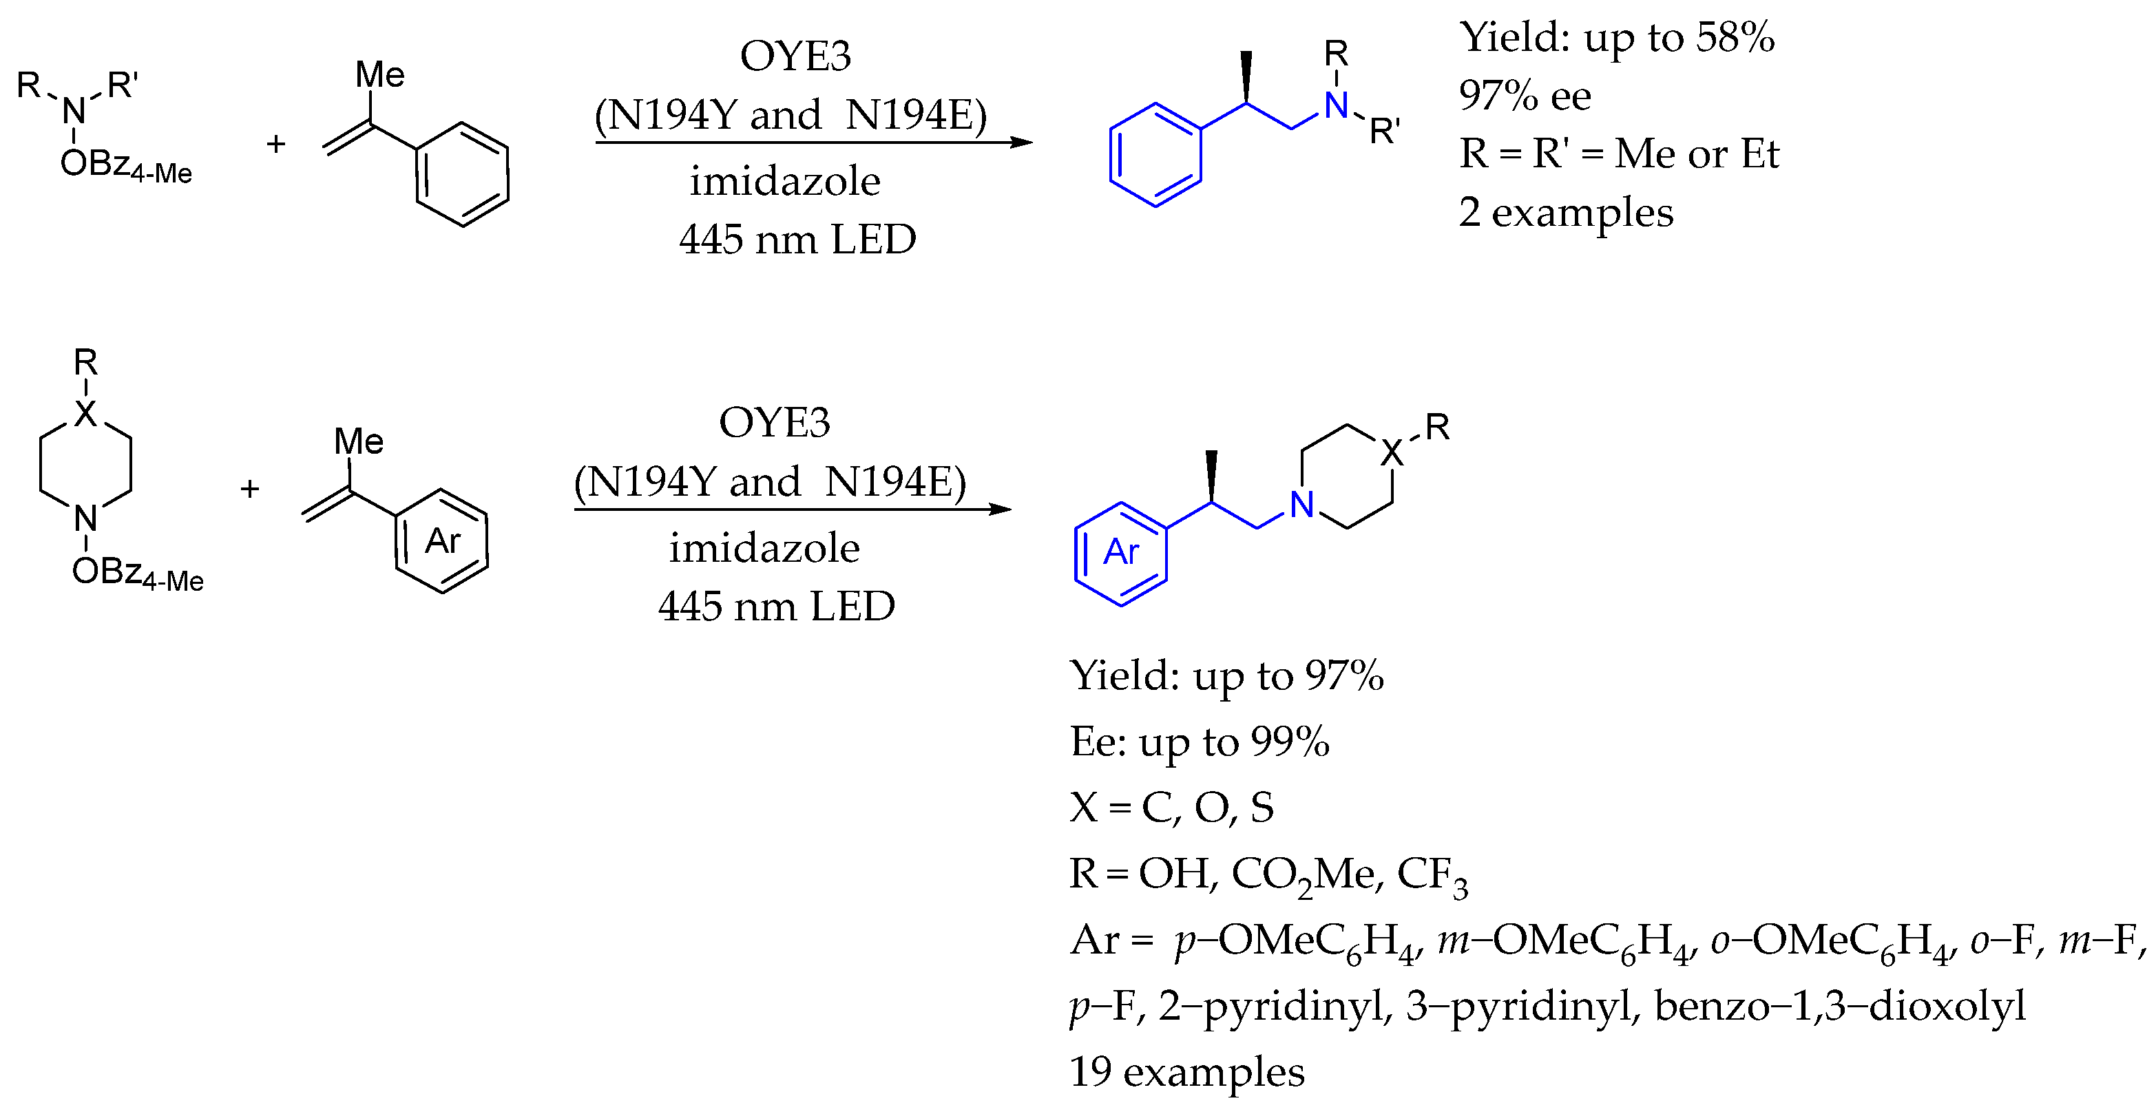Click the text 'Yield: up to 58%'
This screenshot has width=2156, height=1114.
coord(1616,38)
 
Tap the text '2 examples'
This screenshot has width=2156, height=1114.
coord(1565,212)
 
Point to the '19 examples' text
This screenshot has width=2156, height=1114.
coord(1187,1071)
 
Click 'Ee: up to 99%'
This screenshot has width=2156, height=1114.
coord(1200,742)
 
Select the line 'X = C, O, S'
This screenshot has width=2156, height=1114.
coord(1172,808)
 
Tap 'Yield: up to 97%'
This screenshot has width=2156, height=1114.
coord(1226,675)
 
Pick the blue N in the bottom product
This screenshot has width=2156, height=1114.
coord(1301,505)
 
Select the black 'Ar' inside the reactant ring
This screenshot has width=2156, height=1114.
coord(442,542)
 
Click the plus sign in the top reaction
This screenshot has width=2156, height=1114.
coord(276,145)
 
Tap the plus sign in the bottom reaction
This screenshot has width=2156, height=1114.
coord(249,489)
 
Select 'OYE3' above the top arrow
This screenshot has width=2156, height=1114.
coord(795,56)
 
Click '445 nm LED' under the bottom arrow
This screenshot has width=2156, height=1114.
coord(776,606)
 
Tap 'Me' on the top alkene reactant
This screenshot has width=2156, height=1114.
coord(379,75)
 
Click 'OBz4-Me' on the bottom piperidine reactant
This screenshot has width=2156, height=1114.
coord(137,574)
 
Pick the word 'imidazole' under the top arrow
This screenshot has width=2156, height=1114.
coord(784,182)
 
